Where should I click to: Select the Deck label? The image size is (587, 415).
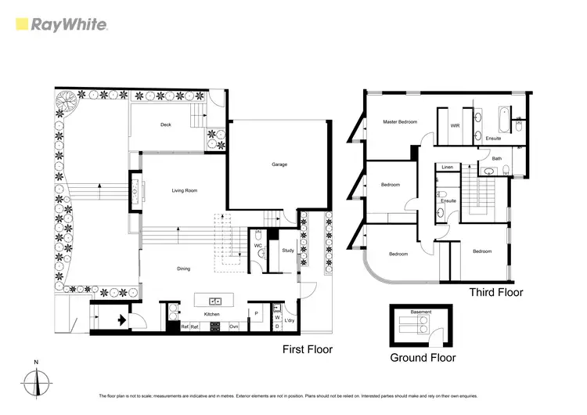166,125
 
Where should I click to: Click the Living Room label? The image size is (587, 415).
185,190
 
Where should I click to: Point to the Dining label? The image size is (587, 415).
183,269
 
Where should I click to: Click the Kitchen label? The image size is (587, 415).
212,314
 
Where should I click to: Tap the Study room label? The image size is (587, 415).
286,251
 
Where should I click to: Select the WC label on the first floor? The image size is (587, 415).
257,246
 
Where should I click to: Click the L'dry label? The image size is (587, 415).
290,321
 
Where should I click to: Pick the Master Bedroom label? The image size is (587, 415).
399,122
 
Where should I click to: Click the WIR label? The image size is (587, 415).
455,125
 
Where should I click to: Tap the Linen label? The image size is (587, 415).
448,168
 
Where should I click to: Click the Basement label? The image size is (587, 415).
422,312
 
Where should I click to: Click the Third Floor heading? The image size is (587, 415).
495,292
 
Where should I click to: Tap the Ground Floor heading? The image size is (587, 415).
423,357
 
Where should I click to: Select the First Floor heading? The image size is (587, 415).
308,349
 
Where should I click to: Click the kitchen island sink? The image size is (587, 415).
214,300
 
